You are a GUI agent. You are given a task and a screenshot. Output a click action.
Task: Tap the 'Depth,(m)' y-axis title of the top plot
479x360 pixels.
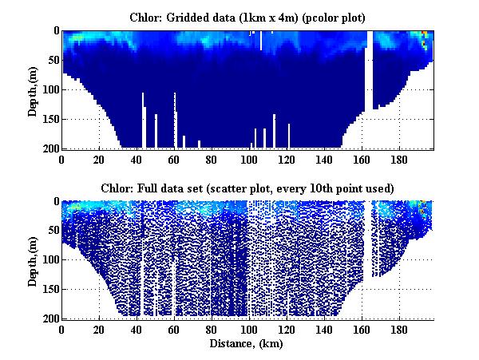point(33,89)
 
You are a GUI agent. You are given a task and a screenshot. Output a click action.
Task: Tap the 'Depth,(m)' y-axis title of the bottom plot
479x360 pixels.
point(33,260)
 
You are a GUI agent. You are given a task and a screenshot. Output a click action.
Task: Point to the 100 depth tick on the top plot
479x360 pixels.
point(52,89)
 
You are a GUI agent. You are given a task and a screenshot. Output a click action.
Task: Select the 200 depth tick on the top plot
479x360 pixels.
point(52,148)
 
